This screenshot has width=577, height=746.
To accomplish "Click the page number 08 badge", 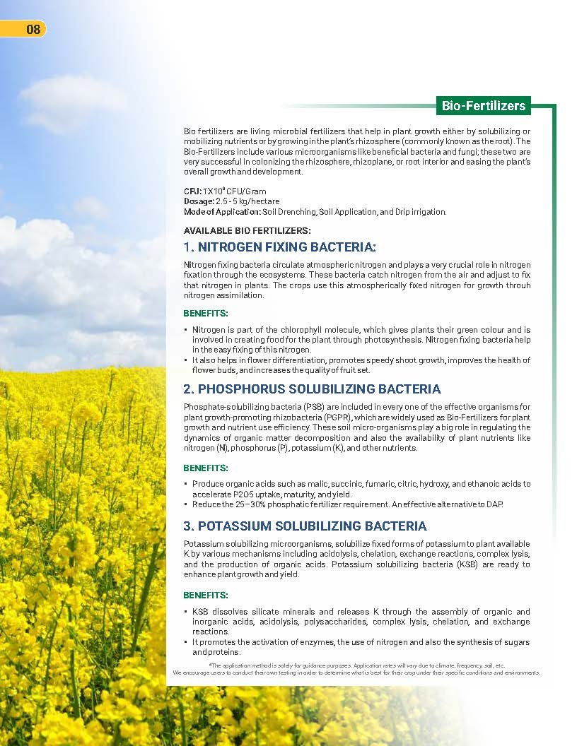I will pyautogui.click(x=26, y=29).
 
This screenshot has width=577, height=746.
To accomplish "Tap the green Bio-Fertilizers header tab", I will pyautogui.click(x=483, y=106).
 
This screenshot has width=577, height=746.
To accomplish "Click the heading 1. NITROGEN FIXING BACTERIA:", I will pyautogui.click(x=280, y=247).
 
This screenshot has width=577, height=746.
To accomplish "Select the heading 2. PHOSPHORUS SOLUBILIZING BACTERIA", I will pyautogui.click(x=312, y=389).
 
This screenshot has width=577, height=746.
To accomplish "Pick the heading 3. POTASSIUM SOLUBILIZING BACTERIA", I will pyautogui.click(x=305, y=526).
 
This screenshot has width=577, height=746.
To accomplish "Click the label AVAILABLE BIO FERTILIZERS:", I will pyautogui.click(x=247, y=230).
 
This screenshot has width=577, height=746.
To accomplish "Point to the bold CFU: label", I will pyautogui.click(x=192, y=191).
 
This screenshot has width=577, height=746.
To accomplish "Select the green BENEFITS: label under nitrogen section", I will pyautogui.click(x=206, y=313).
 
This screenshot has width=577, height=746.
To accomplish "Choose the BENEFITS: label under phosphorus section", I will pyautogui.click(x=206, y=468).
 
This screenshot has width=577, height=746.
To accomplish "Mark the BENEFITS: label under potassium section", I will pyautogui.click(x=206, y=595).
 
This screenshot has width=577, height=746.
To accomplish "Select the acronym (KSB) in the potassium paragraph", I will pyautogui.click(x=433, y=565).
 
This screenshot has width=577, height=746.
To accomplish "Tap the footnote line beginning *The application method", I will pyautogui.click(x=356, y=665).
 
